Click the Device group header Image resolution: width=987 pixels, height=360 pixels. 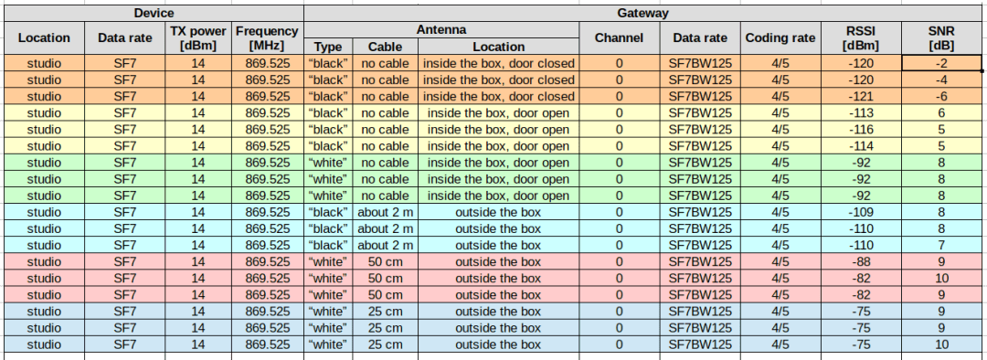point(154,13)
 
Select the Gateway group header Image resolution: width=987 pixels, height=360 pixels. point(645,13)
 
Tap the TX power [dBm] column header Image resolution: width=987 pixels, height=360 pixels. point(197,37)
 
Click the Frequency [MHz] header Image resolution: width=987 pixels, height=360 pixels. point(267,37)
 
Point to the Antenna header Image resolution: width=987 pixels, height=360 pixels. point(442,29)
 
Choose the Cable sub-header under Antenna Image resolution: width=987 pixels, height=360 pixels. point(385,47)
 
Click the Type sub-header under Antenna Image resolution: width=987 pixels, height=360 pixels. point(328,47)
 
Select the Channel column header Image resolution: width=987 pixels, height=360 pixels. point(619,37)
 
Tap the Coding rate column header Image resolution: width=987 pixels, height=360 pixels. point(780,37)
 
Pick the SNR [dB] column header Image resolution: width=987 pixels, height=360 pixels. point(941,37)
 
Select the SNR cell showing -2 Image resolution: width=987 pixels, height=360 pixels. point(941,63)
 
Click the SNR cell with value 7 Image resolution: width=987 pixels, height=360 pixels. point(941,246)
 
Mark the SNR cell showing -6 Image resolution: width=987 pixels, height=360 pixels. point(941,96)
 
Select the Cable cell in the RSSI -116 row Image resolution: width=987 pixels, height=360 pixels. point(385,130)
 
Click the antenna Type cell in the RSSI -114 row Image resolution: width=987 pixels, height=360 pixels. point(328,146)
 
